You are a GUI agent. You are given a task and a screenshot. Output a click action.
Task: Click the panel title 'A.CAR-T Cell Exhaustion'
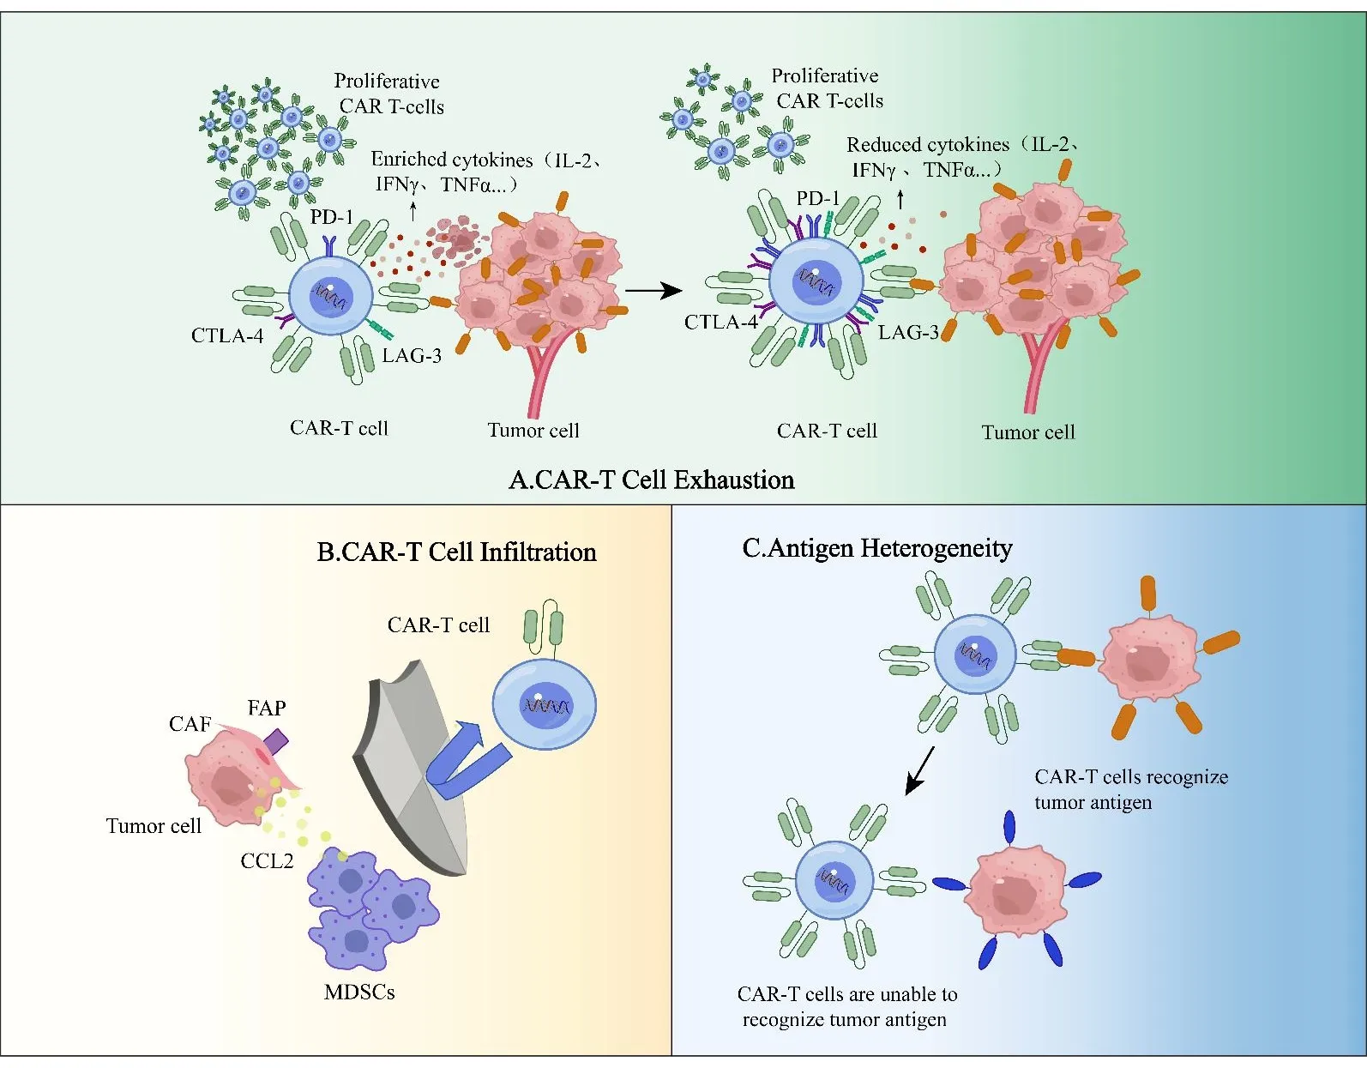tap(651, 480)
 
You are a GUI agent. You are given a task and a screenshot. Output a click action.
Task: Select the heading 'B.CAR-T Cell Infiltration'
tap(456, 552)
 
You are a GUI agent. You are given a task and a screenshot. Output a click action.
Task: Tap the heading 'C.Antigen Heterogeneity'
tap(876, 547)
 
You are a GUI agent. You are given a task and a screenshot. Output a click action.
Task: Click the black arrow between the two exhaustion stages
tap(653, 291)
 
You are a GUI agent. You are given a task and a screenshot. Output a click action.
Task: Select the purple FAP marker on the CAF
tap(276, 739)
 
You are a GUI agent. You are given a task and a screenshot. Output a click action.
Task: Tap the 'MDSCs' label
tap(359, 992)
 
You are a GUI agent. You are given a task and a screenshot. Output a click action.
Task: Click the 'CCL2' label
tap(267, 861)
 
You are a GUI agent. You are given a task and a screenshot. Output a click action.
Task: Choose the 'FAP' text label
tap(267, 708)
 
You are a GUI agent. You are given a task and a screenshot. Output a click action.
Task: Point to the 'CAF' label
tap(190, 724)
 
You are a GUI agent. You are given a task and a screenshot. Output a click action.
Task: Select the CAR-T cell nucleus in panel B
tap(546, 706)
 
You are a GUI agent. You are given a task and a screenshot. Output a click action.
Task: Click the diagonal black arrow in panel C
tap(919, 770)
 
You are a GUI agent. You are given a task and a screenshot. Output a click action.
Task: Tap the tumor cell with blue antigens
tap(1015, 892)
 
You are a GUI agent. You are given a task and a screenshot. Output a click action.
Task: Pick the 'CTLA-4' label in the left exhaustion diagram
tap(226, 335)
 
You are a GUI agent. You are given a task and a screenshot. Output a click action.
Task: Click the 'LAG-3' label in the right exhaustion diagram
tap(908, 332)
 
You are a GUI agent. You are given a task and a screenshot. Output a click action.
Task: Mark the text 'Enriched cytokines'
tap(451, 160)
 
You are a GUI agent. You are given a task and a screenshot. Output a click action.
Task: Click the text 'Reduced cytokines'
tap(928, 145)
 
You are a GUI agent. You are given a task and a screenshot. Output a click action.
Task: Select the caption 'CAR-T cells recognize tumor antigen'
tap(1130, 789)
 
